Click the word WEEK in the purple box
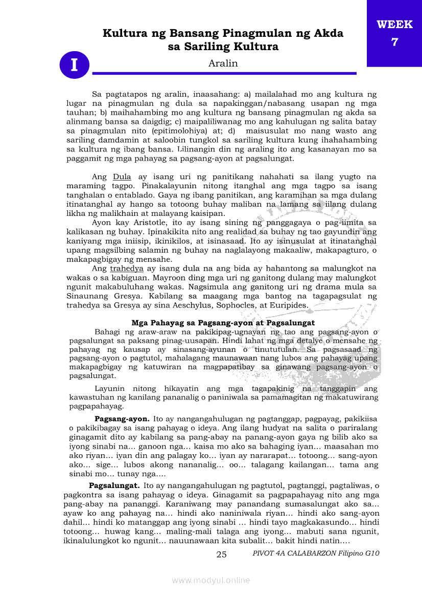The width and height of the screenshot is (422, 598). coord(394,24)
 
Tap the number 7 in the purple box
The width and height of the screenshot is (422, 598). coord(394,42)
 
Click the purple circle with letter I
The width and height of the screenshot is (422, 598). coord(75,65)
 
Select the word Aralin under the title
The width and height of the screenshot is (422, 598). coord(223,63)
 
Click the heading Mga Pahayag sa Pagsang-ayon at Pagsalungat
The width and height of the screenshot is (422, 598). coord(223,323)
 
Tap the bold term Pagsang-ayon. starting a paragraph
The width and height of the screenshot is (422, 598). coord(122,418)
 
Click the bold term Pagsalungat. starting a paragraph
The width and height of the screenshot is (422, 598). coord(114,485)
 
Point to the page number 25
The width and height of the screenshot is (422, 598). coord(221,555)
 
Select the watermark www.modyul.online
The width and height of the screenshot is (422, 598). coord(211,580)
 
